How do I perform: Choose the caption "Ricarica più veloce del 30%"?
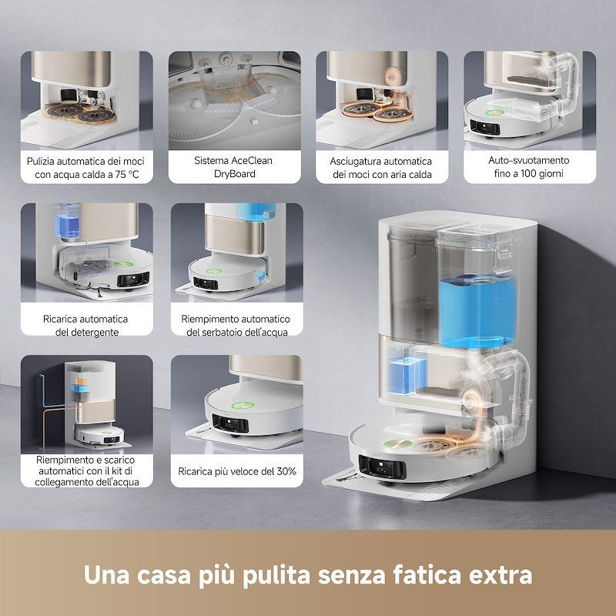(236, 471)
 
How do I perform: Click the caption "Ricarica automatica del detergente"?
(85, 325)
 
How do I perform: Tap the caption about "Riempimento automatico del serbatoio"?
(236, 325)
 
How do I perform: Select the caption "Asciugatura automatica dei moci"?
(382, 168)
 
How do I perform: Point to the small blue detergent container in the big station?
(400, 371)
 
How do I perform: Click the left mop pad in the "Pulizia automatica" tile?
(61, 114)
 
